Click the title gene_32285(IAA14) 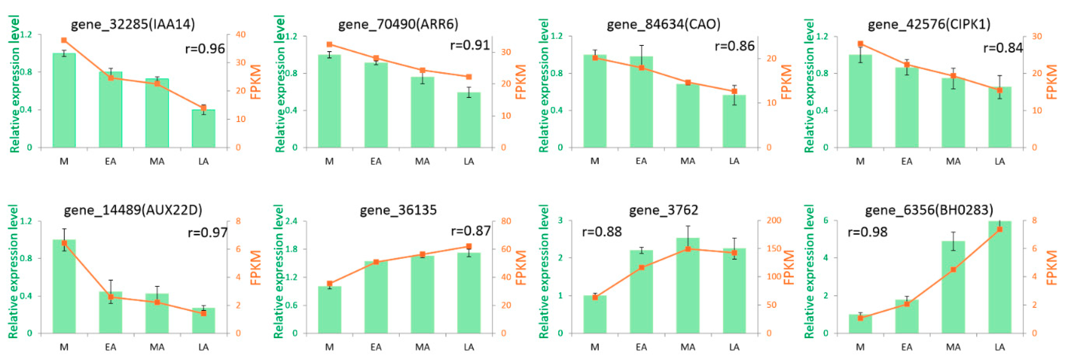pos(133,24)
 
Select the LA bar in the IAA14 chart pos(203,129)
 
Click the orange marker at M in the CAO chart pos(595,58)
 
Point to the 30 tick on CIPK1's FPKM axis pos(1037,36)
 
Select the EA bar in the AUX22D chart pos(110,313)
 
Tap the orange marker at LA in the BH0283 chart pos(1000,229)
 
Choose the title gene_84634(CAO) pos(664,24)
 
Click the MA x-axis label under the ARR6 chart pos(422,161)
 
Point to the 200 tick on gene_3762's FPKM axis pos(774,220)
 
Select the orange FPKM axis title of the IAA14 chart pos(256,82)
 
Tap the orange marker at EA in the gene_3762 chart pos(641,267)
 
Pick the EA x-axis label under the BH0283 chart pos(907,347)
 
